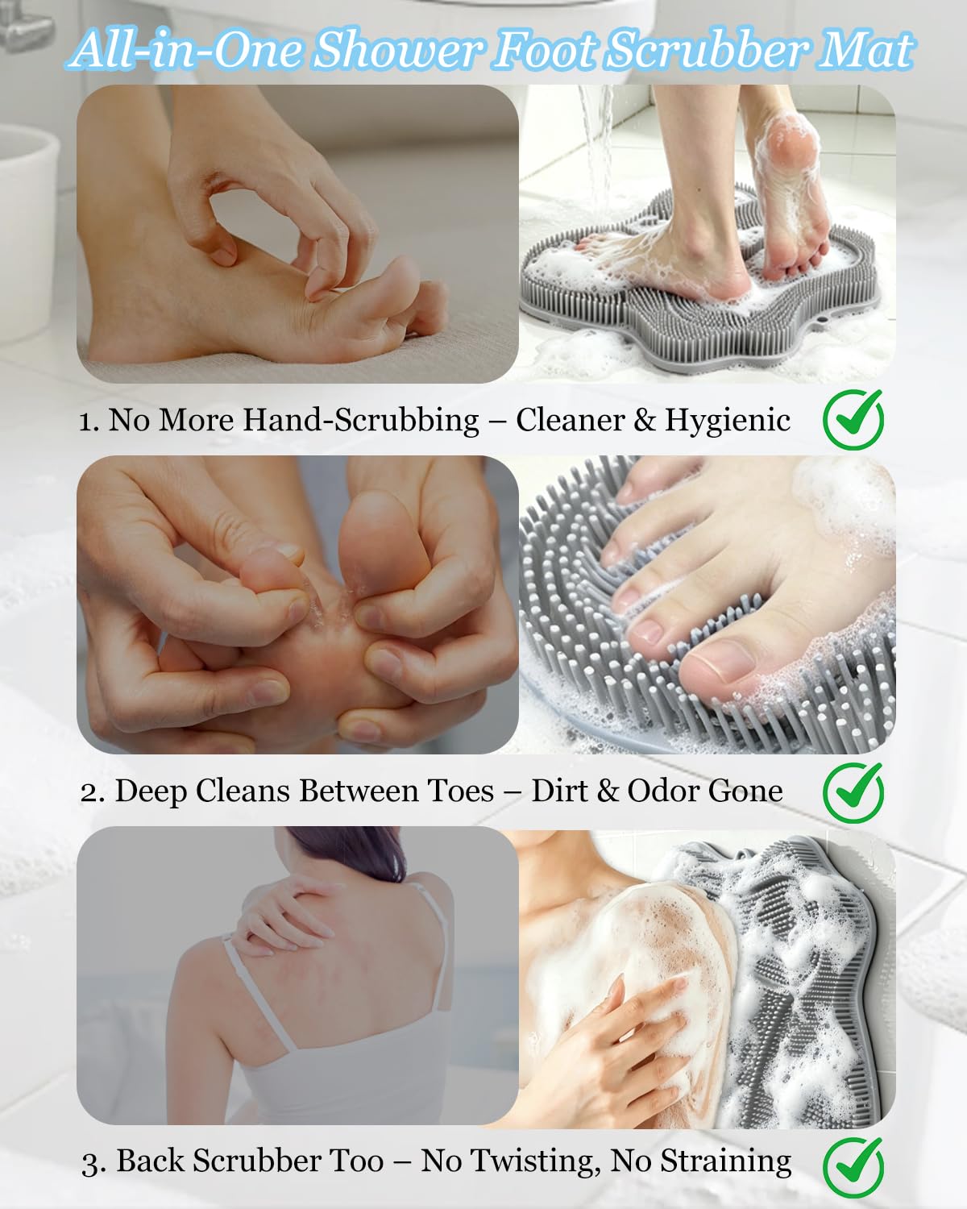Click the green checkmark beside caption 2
[853, 791]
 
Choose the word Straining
[725, 1162]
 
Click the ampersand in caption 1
[645, 420]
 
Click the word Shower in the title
[398, 51]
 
